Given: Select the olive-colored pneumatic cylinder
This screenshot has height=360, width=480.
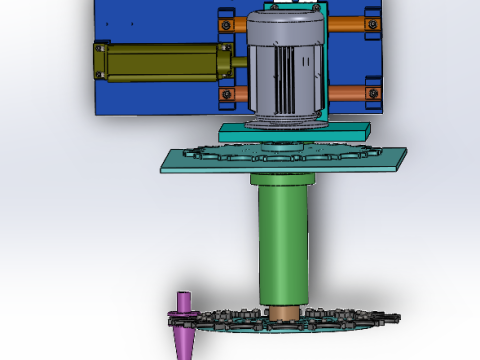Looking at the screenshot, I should (160, 62).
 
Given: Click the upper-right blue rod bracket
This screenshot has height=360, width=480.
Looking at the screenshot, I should (373, 22).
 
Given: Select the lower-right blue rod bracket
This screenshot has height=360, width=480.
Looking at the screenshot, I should (373, 95).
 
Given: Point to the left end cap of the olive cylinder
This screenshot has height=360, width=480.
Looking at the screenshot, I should (100, 62).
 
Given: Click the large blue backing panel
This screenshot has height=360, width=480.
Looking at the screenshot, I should (150, 20).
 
